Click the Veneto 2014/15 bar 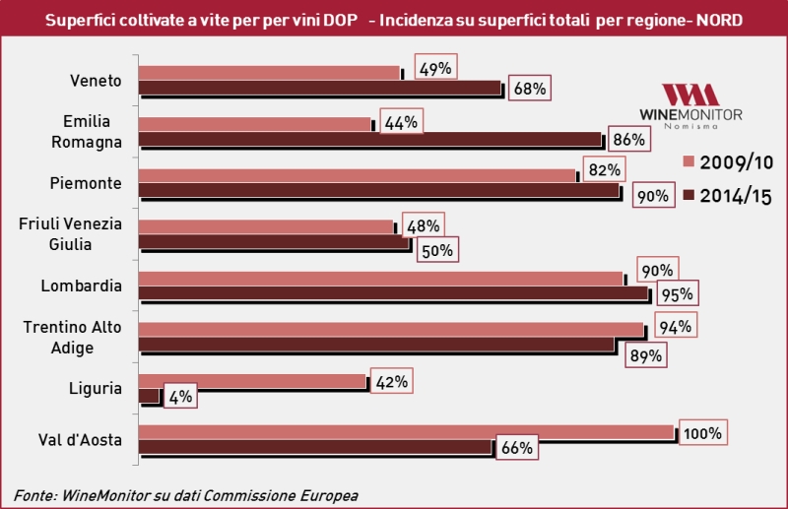click(x=320, y=89)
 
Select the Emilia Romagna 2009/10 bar click(x=254, y=123)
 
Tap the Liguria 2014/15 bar click(x=149, y=396)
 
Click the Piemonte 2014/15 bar click(x=379, y=190)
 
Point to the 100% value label click(x=703, y=432)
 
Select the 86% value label click(x=628, y=139)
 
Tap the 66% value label click(x=517, y=448)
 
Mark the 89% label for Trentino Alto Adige click(x=642, y=355)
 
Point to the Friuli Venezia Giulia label click(x=71, y=233)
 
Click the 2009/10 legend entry click(x=725, y=161)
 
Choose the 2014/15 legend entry click(x=725, y=196)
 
